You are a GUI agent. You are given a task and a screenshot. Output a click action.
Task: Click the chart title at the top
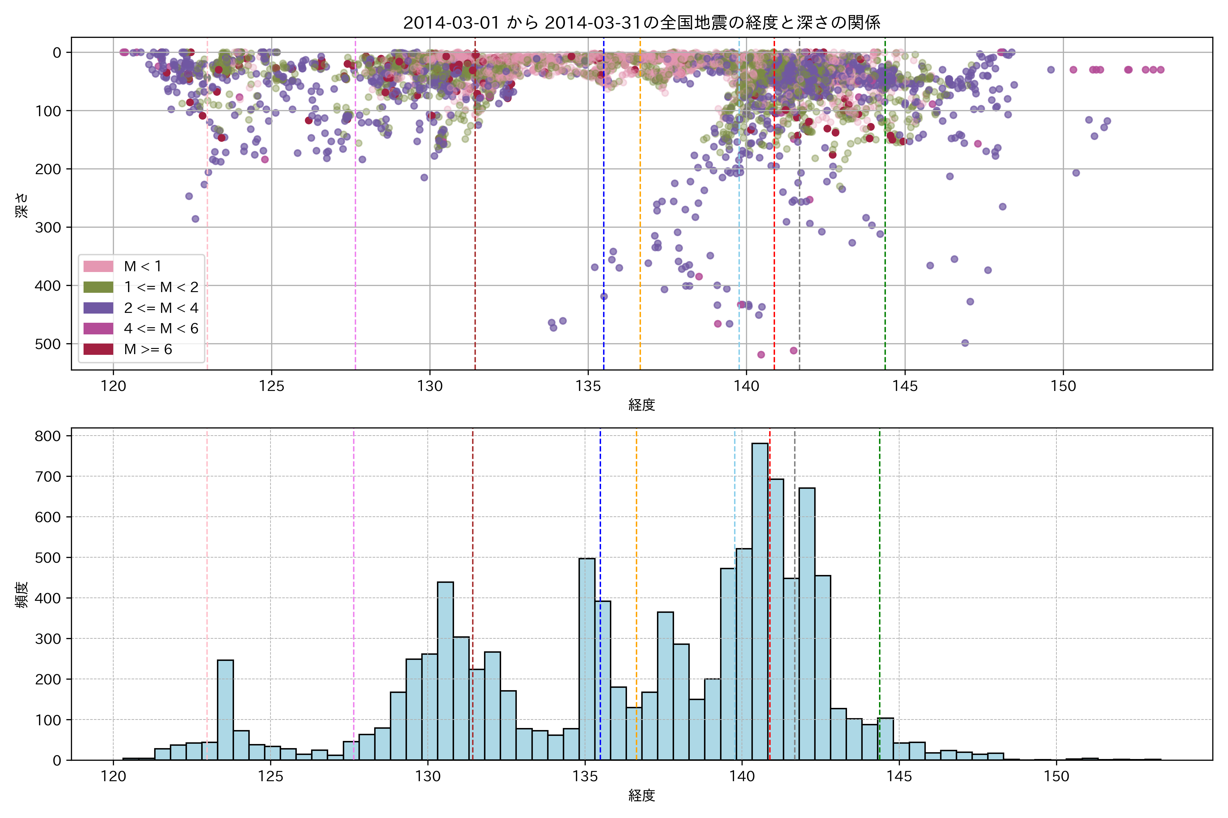[642, 22]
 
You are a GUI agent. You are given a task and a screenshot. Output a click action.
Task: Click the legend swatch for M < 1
[98, 266]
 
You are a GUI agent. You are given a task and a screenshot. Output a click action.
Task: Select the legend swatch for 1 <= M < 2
[98, 287]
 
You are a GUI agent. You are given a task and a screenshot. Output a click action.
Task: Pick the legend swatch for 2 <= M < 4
[98, 308]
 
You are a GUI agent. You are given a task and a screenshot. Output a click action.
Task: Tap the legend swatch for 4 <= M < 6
[98, 329]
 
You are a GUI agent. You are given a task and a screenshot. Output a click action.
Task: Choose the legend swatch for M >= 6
[98, 349]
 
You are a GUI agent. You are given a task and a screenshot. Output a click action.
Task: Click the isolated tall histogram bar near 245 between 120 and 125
[225, 710]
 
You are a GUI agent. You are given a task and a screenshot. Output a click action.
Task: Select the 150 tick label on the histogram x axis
[1056, 777]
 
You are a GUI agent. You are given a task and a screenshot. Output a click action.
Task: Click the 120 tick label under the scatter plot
[113, 387]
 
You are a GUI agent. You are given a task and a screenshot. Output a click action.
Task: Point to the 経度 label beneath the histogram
[642, 796]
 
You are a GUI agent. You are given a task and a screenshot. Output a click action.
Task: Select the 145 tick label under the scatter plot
[905, 387]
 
